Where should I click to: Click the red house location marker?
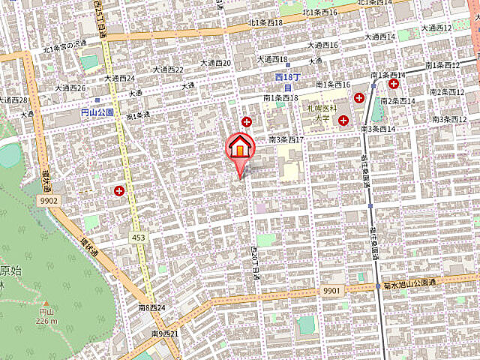(240, 147)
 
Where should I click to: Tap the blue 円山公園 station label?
(97, 112)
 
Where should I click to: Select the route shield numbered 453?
(139, 237)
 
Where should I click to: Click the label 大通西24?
(120, 77)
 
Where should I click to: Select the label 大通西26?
(70, 87)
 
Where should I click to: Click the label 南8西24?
(151, 307)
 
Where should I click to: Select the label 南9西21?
(164, 332)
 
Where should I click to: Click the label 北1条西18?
(266, 23)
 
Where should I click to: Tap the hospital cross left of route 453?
(119, 191)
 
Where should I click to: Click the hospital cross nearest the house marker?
(247, 121)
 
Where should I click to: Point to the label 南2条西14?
(400, 101)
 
